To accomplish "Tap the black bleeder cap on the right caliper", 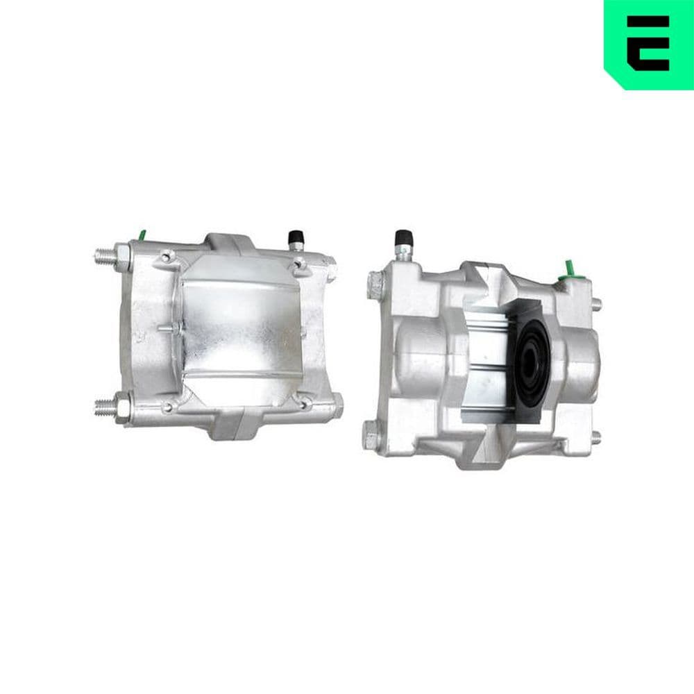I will click(x=402, y=240).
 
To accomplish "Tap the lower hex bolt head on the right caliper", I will click(x=373, y=437).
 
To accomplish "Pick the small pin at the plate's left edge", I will click(x=167, y=327).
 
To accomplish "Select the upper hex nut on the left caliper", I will click(x=122, y=255).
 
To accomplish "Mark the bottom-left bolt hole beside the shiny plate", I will click(x=169, y=405).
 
